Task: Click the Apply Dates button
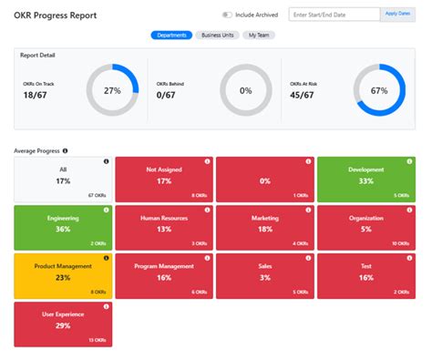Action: (397, 15)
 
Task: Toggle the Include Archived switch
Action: (227, 15)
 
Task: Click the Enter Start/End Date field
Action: (333, 15)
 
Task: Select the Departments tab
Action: (171, 36)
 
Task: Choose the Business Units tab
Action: (219, 36)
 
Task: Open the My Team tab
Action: (261, 36)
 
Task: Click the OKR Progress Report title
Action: (55, 15)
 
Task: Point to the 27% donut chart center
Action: (112, 91)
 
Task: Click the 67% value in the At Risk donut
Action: (379, 91)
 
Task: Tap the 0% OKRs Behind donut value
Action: (245, 91)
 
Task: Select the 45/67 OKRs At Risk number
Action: (301, 94)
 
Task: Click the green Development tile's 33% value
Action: (365, 180)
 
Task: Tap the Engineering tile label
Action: (63, 219)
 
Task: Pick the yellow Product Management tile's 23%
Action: (63, 278)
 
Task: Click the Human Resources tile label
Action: (164, 219)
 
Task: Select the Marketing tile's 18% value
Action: (265, 230)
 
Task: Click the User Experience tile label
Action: (63, 314)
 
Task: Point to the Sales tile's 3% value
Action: (265, 278)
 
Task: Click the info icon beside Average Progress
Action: (65, 150)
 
